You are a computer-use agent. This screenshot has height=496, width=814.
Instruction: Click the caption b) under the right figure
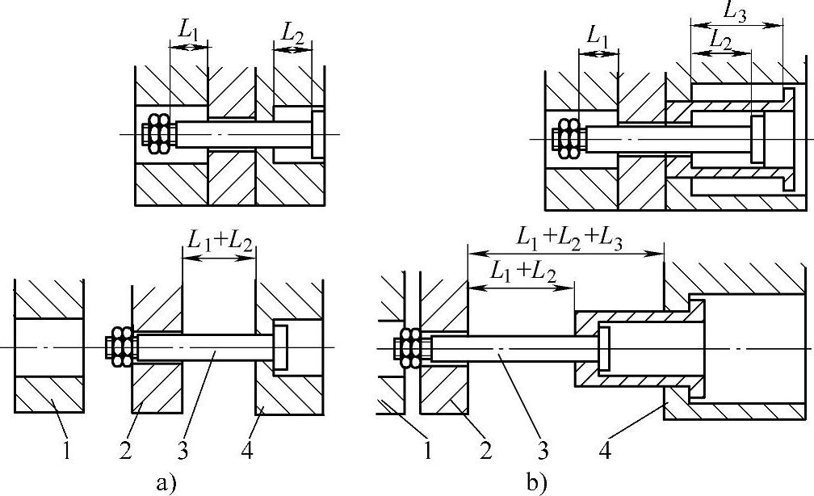[537, 483]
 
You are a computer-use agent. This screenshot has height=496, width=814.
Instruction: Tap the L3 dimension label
[735, 13]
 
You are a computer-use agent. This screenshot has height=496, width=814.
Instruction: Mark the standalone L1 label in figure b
[598, 37]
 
